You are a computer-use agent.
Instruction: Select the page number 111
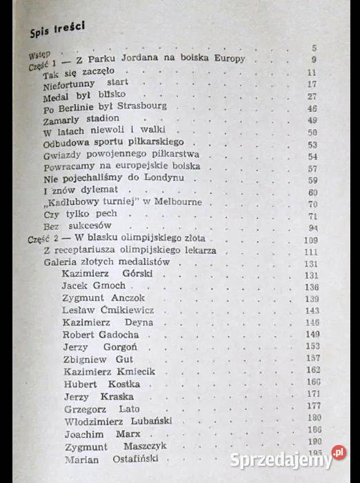point(312,251)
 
